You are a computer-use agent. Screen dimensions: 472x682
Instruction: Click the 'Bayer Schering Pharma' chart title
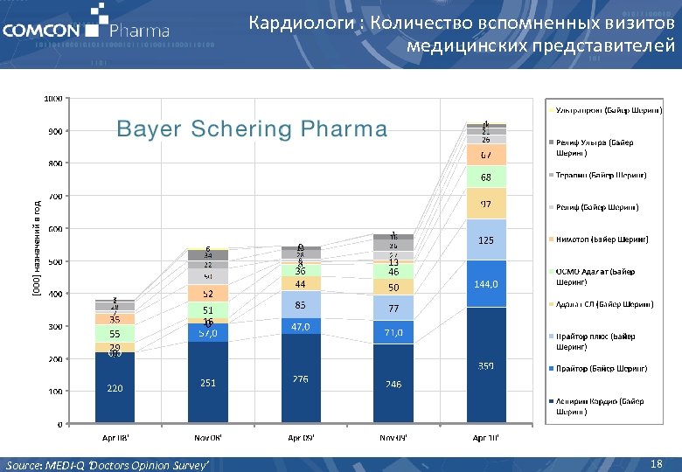coord(252,129)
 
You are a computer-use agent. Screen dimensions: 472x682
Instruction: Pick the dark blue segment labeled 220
coord(115,388)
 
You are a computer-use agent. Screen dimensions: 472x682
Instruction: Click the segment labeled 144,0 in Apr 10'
coord(485,284)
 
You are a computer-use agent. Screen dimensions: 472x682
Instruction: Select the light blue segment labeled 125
coord(485,239)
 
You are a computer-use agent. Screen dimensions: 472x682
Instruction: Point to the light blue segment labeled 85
coord(300,305)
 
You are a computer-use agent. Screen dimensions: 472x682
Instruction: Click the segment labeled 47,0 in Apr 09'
coord(300,326)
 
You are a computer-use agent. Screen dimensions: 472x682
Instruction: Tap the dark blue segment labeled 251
coord(207,383)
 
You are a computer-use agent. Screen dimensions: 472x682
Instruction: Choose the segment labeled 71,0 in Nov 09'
coord(393,333)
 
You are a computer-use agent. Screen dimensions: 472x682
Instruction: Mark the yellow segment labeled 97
coord(485,204)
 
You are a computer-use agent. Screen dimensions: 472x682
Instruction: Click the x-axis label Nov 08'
coord(207,436)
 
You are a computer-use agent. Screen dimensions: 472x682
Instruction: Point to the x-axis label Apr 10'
coord(485,436)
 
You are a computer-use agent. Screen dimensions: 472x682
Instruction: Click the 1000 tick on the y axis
coord(53,98)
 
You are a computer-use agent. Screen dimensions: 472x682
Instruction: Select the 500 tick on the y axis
coord(55,261)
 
